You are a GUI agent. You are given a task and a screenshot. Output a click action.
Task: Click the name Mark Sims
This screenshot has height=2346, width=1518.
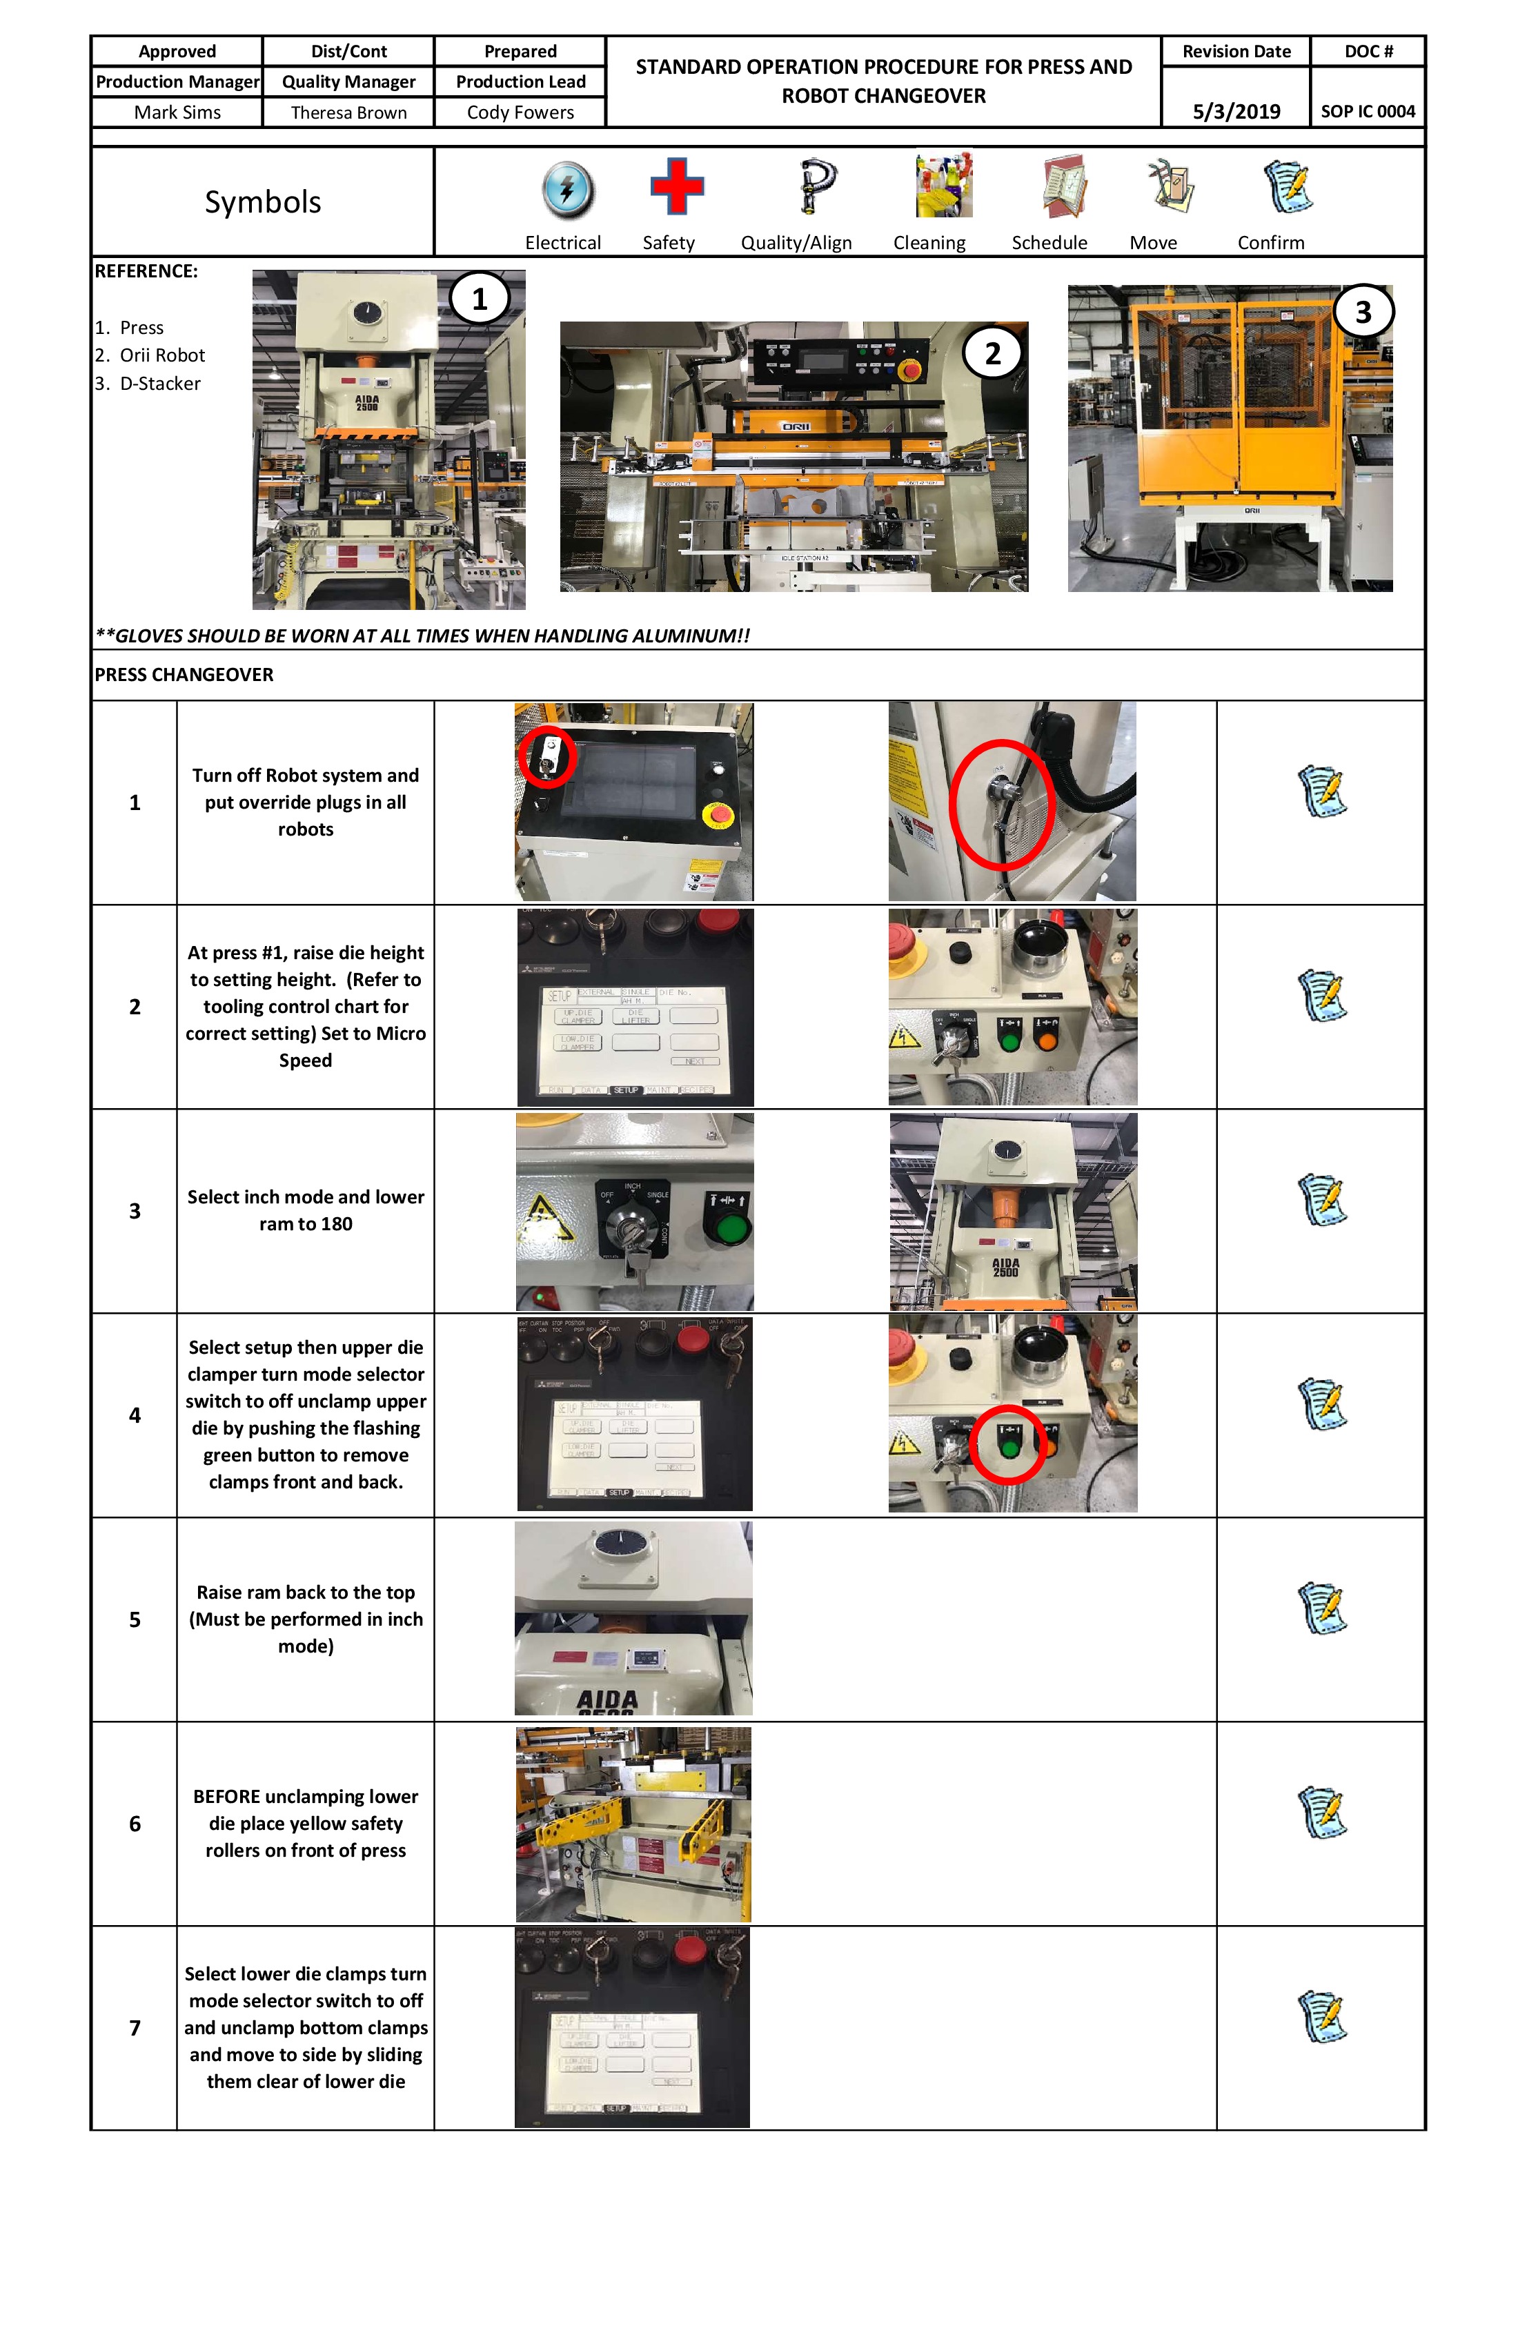point(177,112)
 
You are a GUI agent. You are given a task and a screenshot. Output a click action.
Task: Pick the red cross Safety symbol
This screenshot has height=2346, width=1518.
point(676,186)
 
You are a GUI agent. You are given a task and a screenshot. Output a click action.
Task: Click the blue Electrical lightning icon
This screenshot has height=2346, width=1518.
point(568,189)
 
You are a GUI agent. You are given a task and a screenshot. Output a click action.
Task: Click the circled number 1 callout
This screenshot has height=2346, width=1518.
point(479,299)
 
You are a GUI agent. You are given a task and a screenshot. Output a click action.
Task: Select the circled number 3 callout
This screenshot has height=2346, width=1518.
point(1363,313)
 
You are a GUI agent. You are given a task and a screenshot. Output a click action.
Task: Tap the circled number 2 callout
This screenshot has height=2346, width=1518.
point(993,353)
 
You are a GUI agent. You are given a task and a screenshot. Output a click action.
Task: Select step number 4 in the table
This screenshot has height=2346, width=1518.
point(135,1415)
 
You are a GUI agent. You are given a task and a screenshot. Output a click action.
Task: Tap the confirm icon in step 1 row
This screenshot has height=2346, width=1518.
point(1322,791)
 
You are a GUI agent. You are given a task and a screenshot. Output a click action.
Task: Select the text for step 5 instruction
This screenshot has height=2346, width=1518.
point(306,1619)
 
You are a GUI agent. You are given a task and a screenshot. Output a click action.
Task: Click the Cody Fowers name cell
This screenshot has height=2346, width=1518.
point(520,112)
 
